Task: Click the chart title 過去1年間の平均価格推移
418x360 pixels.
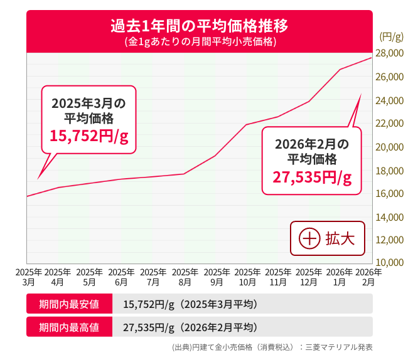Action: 199,26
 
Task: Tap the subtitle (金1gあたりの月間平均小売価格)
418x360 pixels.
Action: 199,42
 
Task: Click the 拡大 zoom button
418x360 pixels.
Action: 327,238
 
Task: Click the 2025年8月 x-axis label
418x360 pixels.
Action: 185,277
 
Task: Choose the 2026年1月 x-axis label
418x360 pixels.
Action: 340,277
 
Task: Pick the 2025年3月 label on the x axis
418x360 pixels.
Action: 28,277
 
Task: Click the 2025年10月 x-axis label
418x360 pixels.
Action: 247,277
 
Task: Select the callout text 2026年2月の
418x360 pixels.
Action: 312,143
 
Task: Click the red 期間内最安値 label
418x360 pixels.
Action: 69,304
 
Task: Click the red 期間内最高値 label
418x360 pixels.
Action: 69,327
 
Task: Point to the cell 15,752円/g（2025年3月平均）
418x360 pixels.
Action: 190,304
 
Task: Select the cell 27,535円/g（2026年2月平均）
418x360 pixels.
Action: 190,327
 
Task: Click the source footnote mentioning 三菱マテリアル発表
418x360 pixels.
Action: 272,347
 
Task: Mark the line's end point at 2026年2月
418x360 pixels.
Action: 371,58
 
